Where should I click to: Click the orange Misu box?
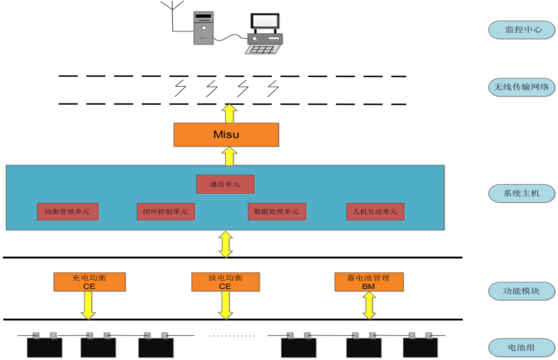click(x=226, y=134)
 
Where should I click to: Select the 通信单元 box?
click(x=225, y=183)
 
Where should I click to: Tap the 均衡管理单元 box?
click(x=67, y=211)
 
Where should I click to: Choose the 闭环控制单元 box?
click(x=166, y=211)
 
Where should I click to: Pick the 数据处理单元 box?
click(x=277, y=211)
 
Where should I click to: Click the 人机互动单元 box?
click(x=375, y=211)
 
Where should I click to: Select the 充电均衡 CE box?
click(x=89, y=281)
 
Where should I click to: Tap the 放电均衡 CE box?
click(x=225, y=281)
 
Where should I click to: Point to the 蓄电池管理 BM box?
click(x=369, y=281)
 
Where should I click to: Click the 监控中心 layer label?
click(x=521, y=30)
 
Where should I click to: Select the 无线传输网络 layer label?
click(x=521, y=88)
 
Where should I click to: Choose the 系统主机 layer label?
click(x=521, y=193)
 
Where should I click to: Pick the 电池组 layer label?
click(x=521, y=348)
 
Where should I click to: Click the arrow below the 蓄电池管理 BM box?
click(x=369, y=305)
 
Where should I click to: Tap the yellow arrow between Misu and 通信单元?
click(x=230, y=156)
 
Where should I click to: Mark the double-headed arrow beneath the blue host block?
click(x=225, y=243)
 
